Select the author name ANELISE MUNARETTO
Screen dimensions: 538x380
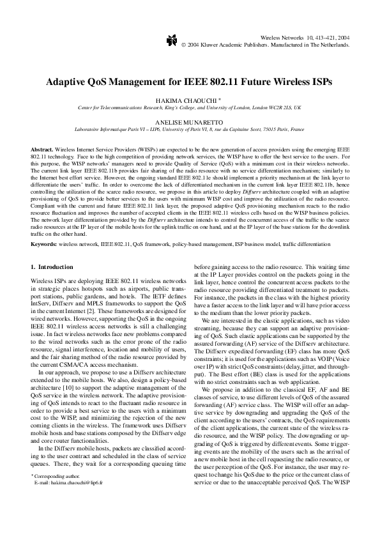(190, 120)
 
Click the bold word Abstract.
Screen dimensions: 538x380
(42, 148)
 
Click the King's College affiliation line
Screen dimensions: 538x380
(190, 108)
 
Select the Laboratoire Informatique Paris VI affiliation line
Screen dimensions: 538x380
(190, 128)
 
